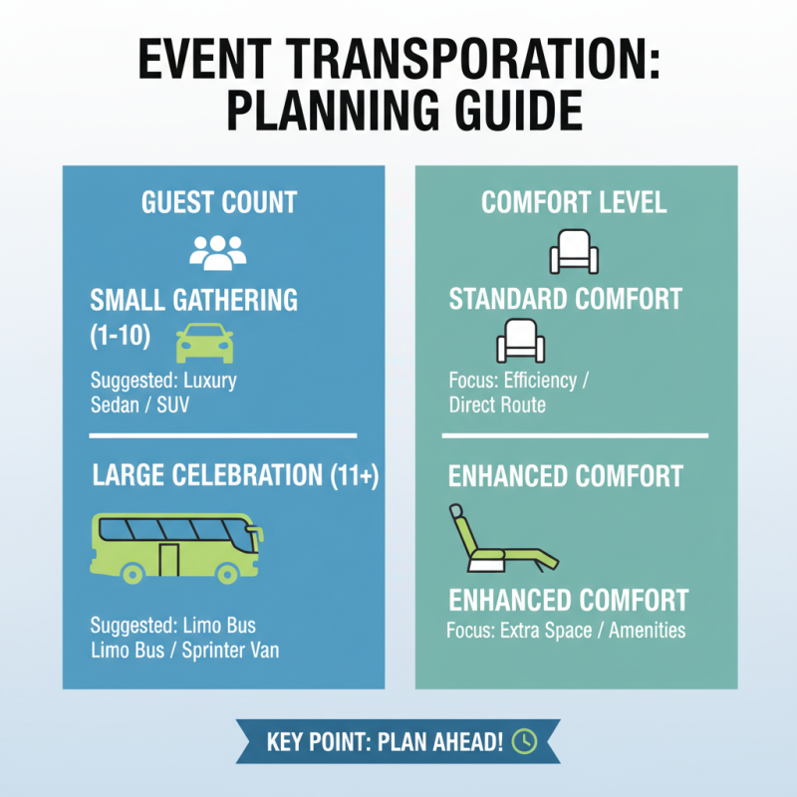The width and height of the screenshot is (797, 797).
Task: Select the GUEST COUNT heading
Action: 218,202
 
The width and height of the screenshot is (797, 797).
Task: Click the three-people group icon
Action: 217,251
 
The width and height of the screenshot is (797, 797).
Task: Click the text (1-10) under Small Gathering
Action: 121,337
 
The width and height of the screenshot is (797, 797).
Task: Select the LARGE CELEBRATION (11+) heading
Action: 235,476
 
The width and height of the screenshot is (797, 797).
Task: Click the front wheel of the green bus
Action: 227,573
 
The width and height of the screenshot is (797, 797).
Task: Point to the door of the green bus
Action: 169,560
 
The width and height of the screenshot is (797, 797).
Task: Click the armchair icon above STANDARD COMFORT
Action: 574,251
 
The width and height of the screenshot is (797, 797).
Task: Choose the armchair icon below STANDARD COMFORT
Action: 520,342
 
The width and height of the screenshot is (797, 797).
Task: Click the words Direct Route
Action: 497,405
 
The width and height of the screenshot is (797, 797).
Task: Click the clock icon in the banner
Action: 523,741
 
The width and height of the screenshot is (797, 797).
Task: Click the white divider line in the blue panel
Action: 223,435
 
